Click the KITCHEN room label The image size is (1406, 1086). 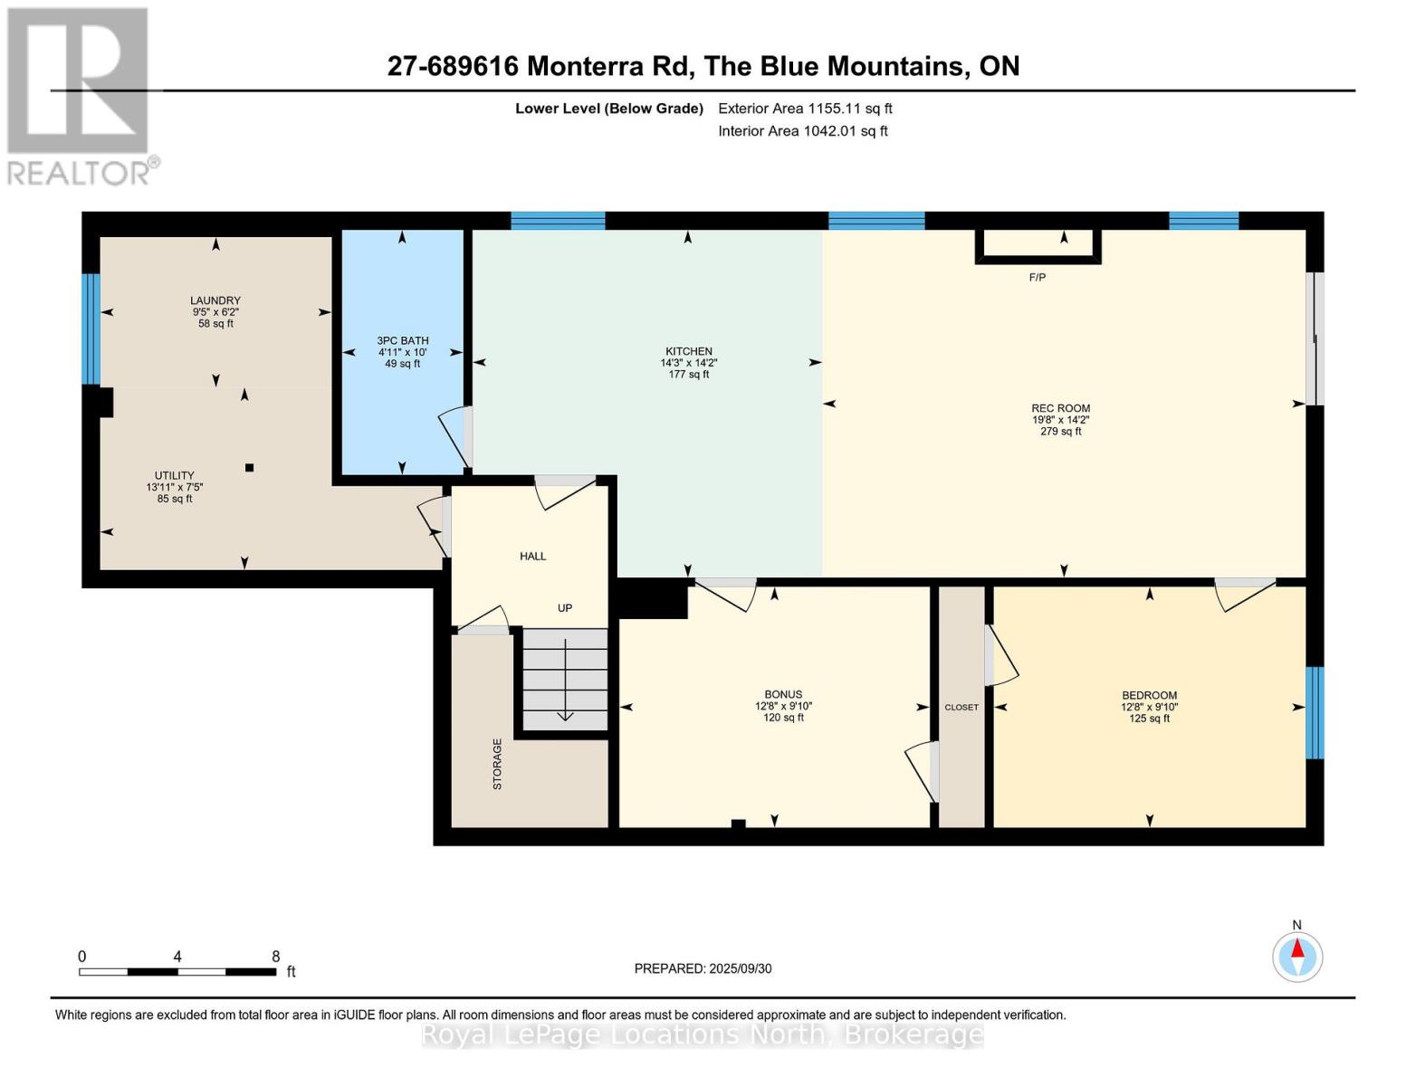(x=688, y=351)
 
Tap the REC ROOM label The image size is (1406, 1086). (x=1060, y=408)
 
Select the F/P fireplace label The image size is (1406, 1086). (x=1037, y=278)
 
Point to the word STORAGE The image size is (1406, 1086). (x=497, y=764)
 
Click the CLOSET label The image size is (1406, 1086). (x=961, y=708)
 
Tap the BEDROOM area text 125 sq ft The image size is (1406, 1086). (x=1149, y=719)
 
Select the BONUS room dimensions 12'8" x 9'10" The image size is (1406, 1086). (x=783, y=706)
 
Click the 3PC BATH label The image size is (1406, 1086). (x=403, y=341)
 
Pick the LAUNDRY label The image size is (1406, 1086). (x=215, y=300)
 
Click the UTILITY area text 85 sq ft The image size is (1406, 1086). (x=175, y=499)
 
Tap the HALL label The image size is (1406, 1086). (x=532, y=557)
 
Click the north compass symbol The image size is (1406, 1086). (x=1296, y=957)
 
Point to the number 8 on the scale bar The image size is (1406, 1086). (x=275, y=956)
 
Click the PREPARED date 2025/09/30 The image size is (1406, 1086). (x=741, y=969)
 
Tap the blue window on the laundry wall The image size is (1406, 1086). (x=91, y=329)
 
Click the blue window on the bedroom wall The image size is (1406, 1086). (x=1315, y=713)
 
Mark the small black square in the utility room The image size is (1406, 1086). (x=249, y=468)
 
